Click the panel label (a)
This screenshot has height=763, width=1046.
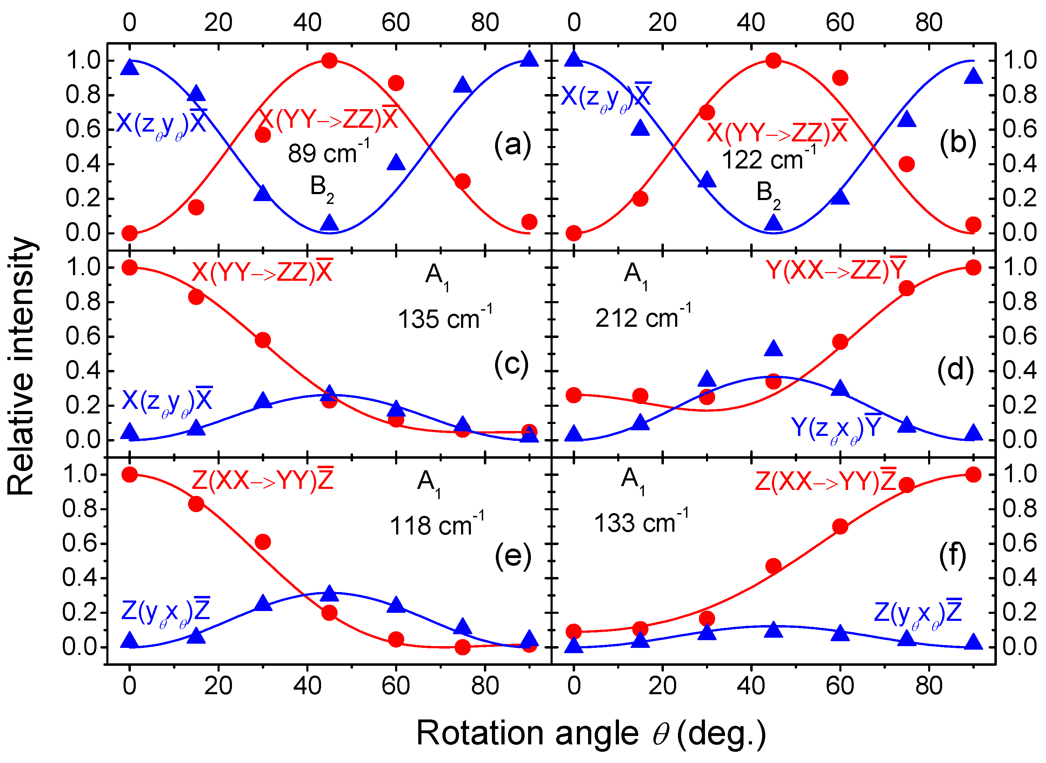513,145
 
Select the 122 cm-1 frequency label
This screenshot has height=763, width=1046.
768,159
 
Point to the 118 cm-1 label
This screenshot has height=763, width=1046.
437,525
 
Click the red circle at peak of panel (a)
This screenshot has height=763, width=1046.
329,60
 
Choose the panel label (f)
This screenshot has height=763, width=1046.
952,556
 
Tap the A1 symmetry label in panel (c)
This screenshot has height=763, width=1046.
437,276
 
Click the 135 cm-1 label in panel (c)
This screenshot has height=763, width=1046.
445,318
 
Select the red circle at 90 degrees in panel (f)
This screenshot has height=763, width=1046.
973,475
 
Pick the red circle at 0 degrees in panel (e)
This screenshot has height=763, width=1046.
130,475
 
